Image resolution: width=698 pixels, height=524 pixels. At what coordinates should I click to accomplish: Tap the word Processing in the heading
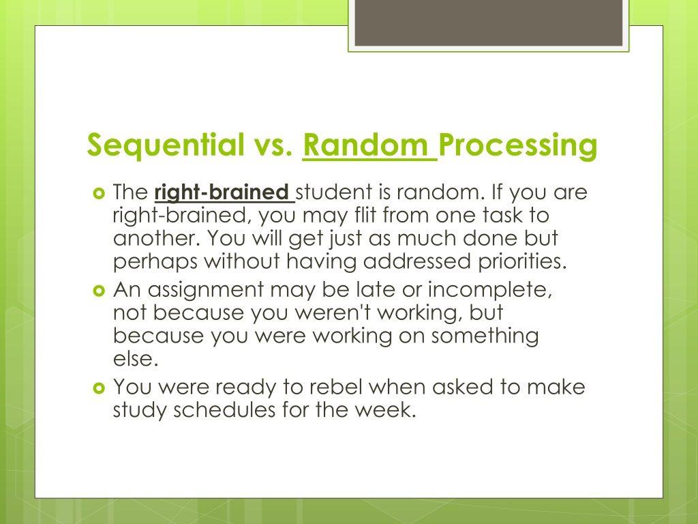point(519,145)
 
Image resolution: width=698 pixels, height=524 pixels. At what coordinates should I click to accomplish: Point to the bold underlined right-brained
point(222,193)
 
